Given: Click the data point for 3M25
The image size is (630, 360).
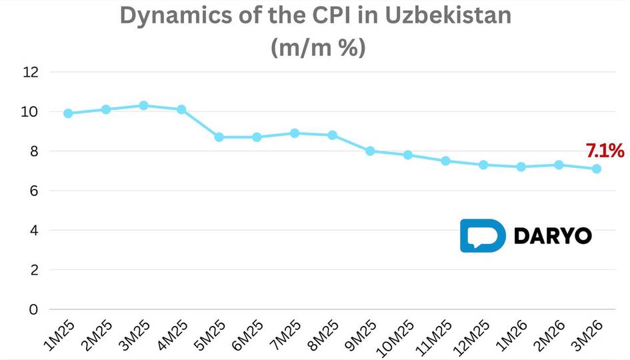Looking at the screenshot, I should pos(143,105).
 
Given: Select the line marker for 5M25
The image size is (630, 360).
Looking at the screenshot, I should pos(219,137).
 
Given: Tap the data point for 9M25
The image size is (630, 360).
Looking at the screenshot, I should pos(370,151).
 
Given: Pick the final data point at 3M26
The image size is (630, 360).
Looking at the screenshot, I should pos(597,169).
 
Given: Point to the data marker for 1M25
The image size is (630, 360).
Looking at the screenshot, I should pos(68,113).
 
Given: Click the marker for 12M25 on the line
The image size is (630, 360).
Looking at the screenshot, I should pos(483,165).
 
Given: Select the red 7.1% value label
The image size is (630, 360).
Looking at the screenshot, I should pos(605,151).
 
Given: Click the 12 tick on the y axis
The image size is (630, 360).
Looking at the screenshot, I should pos(31,72).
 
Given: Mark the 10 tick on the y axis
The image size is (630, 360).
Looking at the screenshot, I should pos(31,112).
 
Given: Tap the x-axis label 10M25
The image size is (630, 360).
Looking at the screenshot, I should pos(396,337).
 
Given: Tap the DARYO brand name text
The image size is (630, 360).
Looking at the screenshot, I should pos(553,236).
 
